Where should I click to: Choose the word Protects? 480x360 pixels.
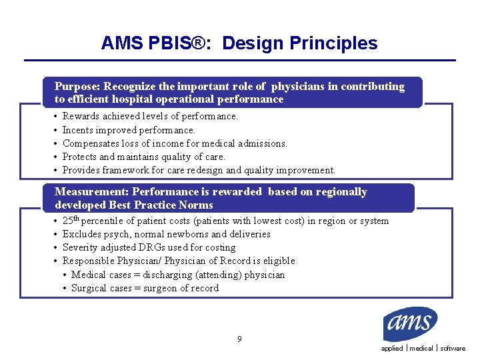click(79, 157)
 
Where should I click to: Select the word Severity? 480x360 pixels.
click(81, 247)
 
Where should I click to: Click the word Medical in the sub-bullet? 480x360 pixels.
click(88, 275)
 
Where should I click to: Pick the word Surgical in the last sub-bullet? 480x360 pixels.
click(89, 288)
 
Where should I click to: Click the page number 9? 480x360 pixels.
click(239, 339)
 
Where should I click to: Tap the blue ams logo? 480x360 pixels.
click(410, 325)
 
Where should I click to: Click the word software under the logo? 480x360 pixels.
click(453, 349)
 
